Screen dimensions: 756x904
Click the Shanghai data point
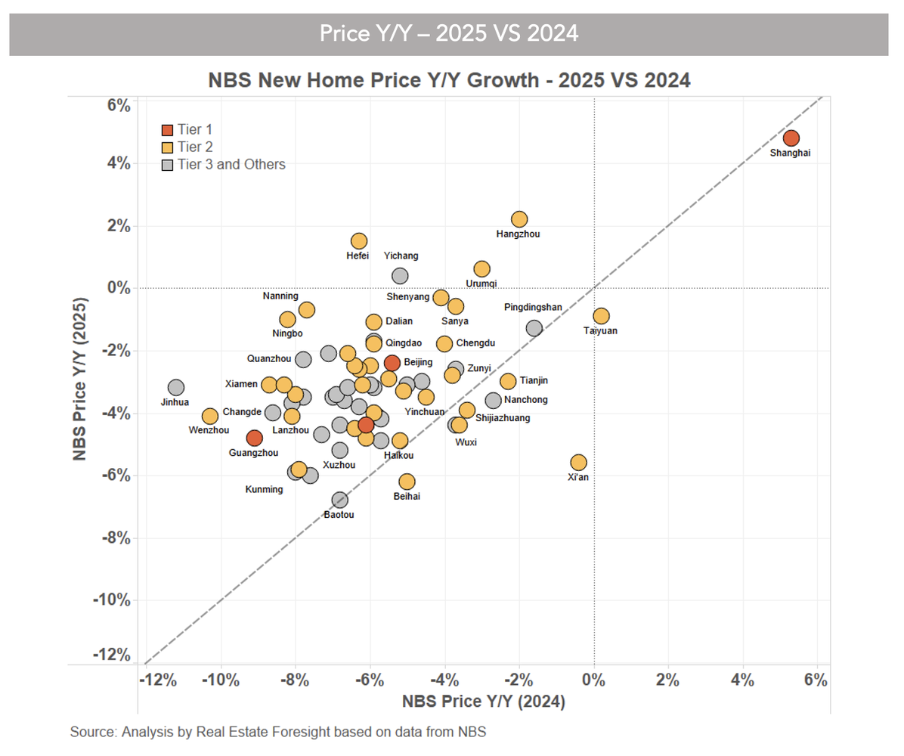791,138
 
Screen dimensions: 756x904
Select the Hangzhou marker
519,219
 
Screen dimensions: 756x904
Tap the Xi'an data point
578,463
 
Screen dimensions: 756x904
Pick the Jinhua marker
176,388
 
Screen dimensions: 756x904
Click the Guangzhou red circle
254,438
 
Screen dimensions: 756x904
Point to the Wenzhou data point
210,416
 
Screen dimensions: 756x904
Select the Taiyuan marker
601,316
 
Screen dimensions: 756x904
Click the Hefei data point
359,241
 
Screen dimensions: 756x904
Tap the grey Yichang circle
400,276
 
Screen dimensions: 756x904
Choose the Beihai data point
407,482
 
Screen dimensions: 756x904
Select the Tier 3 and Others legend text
231,164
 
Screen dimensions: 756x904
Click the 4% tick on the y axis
117,164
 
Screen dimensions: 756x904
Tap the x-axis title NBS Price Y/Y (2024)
484,702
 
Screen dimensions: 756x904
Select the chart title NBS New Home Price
449,79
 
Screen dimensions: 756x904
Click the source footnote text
278,732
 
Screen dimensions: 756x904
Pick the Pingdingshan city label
533,308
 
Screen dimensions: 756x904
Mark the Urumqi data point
481,269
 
